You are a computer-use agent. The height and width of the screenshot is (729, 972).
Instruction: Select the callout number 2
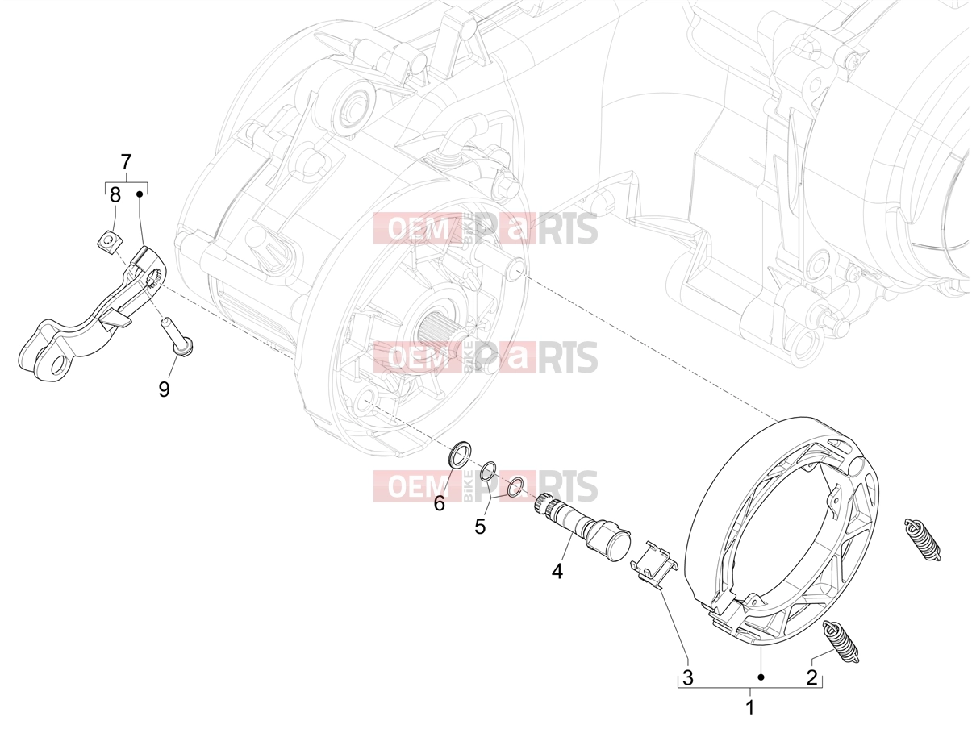point(811,677)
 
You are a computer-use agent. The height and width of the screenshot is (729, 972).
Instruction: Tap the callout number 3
point(687,677)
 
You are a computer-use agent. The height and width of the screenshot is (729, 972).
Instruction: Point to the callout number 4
point(557,572)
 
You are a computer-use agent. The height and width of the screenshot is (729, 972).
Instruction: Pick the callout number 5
point(480,527)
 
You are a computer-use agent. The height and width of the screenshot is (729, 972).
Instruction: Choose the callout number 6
point(439,503)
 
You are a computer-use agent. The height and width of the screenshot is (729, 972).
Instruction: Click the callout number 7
point(126,162)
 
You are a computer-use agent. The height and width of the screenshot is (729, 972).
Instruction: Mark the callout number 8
point(115,194)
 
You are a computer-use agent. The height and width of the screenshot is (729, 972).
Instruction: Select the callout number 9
point(164,389)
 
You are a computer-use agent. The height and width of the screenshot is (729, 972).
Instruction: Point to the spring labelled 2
point(840,642)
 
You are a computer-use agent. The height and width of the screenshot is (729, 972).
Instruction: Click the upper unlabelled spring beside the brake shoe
point(922,539)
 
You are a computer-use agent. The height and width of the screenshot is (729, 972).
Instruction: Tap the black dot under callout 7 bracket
point(139,194)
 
